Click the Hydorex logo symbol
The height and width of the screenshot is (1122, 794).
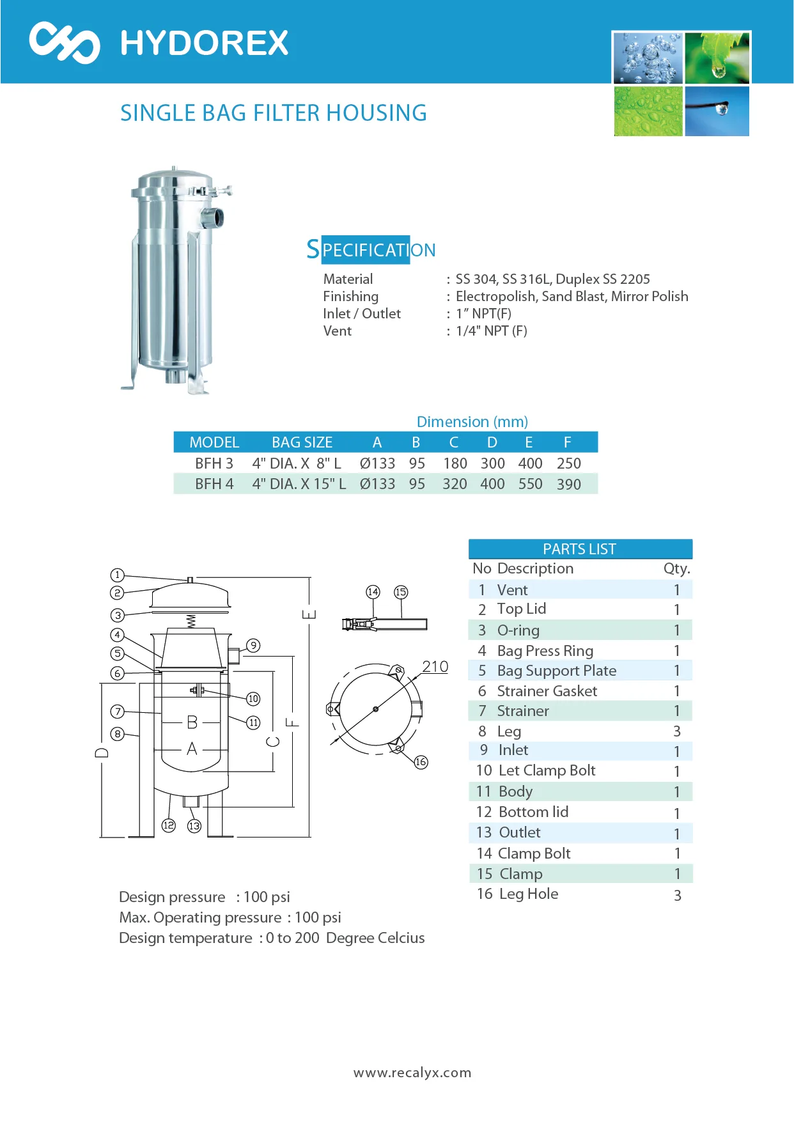[64, 43]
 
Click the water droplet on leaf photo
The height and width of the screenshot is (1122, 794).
[717, 58]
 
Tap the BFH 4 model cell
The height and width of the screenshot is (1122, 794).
[214, 484]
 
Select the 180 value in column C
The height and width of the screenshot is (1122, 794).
[455, 464]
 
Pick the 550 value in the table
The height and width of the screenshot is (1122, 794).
[530, 484]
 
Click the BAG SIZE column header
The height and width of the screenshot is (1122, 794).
[302, 442]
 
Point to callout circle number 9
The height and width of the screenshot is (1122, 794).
[254, 646]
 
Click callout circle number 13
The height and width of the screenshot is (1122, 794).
[194, 826]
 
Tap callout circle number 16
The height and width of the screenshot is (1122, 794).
[421, 762]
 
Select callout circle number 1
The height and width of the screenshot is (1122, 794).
[117, 575]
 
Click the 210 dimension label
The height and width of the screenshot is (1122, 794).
[435, 667]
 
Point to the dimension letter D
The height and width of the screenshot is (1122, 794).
[102, 752]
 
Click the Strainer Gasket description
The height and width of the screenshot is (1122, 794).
[547, 691]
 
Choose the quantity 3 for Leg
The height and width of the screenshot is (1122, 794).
[677, 731]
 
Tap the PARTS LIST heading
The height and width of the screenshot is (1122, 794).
[579, 549]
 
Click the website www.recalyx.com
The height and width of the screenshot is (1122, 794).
[412, 1073]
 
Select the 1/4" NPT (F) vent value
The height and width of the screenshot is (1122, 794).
[491, 331]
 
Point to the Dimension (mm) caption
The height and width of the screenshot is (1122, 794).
[472, 422]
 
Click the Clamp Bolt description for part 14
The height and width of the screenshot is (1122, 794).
[534, 853]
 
